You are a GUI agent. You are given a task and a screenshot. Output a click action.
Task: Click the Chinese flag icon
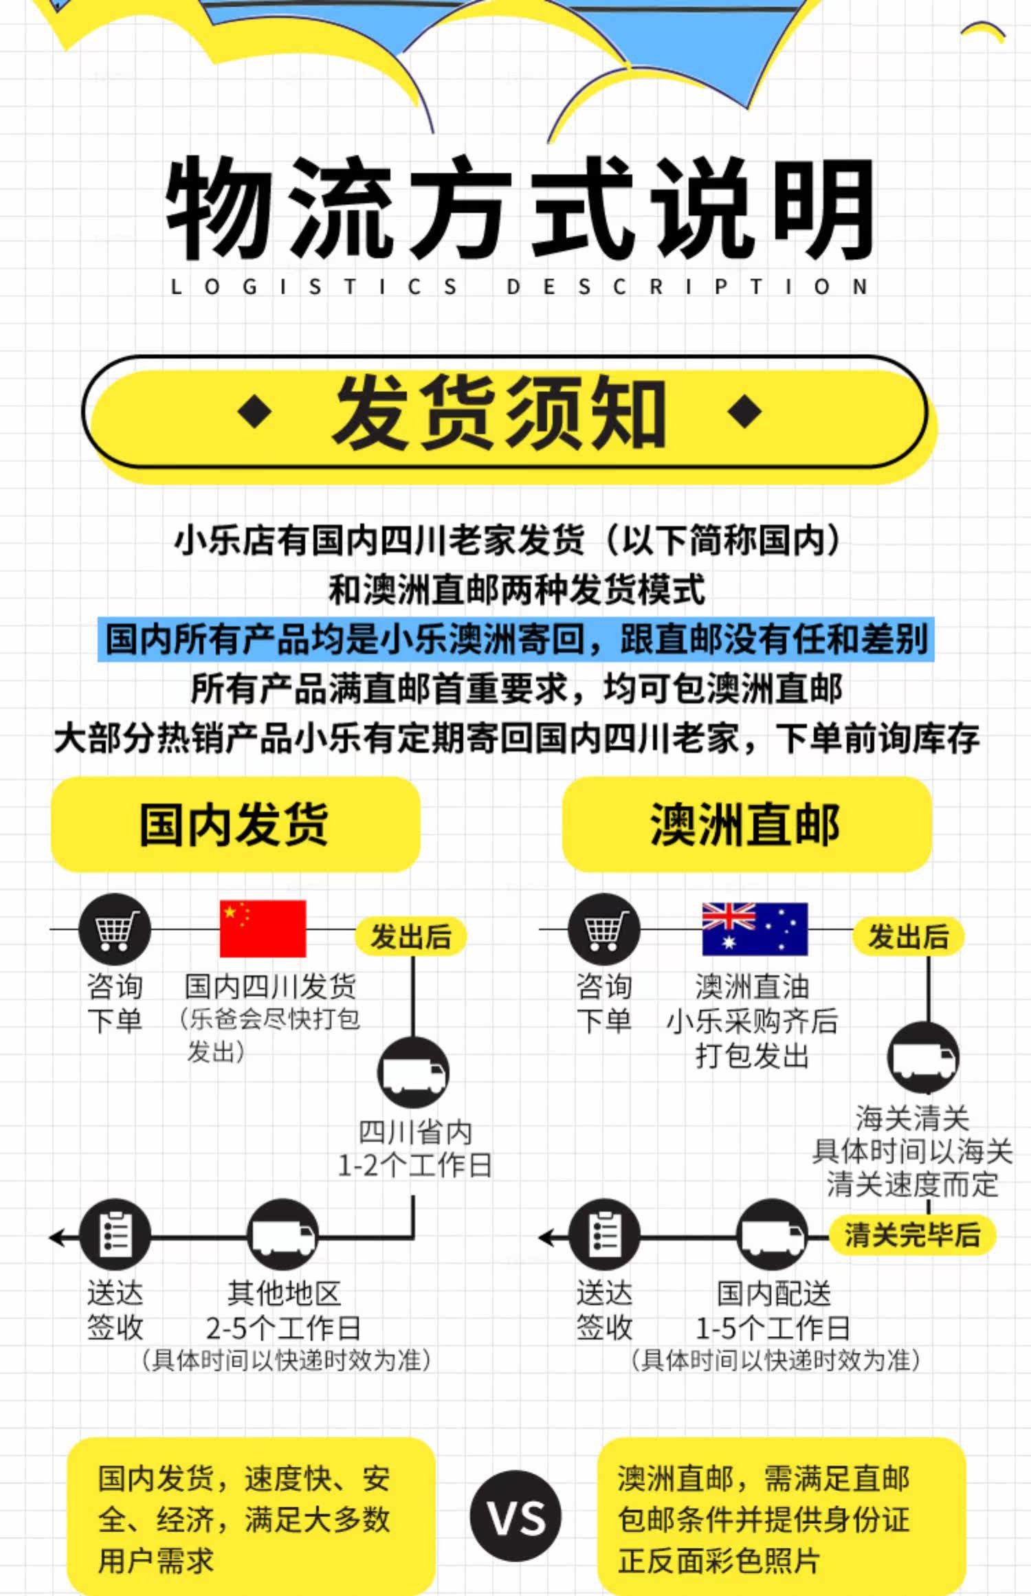pyautogui.click(x=263, y=928)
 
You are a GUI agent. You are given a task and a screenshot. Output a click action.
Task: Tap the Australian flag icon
pyautogui.click(x=754, y=929)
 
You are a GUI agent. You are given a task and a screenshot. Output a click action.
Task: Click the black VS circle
pyautogui.click(x=515, y=1516)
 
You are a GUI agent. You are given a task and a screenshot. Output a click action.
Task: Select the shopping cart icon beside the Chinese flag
pyautogui.click(x=114, y=929)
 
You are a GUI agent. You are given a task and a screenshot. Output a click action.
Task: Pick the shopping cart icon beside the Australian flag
pyautogui.click(x=603, y=929)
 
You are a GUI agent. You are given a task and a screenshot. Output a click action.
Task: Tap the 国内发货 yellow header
pyautogui.click(x=235, y=824)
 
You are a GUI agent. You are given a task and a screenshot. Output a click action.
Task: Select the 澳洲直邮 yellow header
pyautogui.click(x=746, y=824)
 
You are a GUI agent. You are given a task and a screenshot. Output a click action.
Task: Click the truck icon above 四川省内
pyautogui.click(x=413, y=1073)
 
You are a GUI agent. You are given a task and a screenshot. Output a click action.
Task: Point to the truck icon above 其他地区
pyautogui.click(x=282, y=1235)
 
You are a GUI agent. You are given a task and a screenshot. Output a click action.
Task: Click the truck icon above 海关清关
pyautogui.click(x=923, y=1058)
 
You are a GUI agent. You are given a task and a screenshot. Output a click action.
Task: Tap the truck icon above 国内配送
pyautogui.click(x=772, y=1235)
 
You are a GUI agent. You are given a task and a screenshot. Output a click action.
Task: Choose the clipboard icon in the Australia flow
pyautogui.click(x=604, y=1235)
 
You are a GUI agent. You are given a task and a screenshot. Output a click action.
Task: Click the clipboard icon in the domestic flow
pyautogui.click(x=115, y=1235)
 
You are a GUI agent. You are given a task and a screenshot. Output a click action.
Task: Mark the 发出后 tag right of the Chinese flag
pyautogui.click(x=410, y=936)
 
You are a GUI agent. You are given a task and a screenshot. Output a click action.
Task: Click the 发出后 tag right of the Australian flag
pyautogui.click(x=908, y=936)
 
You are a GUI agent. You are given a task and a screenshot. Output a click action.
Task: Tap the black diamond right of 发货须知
pyautogui.click(x=744, y=412)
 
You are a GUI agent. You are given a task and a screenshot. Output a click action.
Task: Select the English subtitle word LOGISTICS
pyautogui.click(x=313, y=287)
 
